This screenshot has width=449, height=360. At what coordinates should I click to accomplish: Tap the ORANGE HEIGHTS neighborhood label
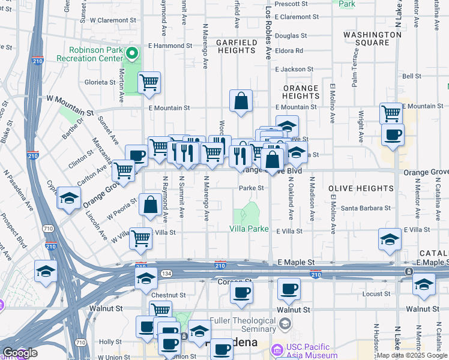pyautogui.click(x=301, y=92)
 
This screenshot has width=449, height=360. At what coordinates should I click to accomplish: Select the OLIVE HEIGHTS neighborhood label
pyautogui.click(x=361, y=188)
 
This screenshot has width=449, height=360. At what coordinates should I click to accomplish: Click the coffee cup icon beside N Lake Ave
pyautogui.click(x=393, y=135)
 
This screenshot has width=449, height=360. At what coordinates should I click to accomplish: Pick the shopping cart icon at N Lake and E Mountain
pyautogui.click(x=391, y=113)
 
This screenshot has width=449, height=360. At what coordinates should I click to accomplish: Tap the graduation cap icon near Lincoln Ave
pyautogui.click(x=70, y=198)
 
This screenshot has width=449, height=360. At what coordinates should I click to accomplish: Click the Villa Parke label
pyautogui.click(x=249, y=229)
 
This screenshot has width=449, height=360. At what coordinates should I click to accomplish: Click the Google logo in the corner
pyautogui.click(x=19, y=353)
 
